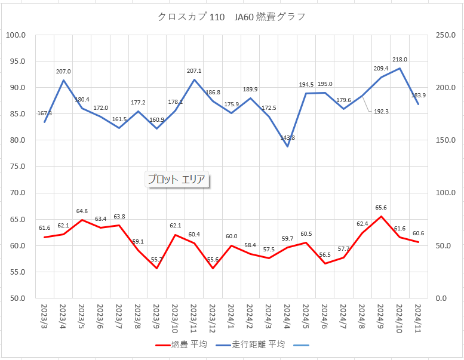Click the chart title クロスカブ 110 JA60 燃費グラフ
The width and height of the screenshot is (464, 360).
point(232,17)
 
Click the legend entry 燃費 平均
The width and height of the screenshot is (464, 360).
point(182,344)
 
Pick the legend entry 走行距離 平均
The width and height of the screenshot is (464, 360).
point(251,344)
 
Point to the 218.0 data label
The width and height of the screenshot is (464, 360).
point(400,60)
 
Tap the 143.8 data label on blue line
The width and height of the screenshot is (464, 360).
point(287,138)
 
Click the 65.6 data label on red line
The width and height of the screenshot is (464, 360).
point(381,207)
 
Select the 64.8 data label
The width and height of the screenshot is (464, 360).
point(82,211)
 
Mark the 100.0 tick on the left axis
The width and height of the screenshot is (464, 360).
point(16,35)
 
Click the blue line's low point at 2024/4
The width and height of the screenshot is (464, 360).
point(287,146)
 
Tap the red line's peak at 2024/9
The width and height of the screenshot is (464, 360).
point(381,216)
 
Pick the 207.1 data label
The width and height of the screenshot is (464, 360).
point(194,71)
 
